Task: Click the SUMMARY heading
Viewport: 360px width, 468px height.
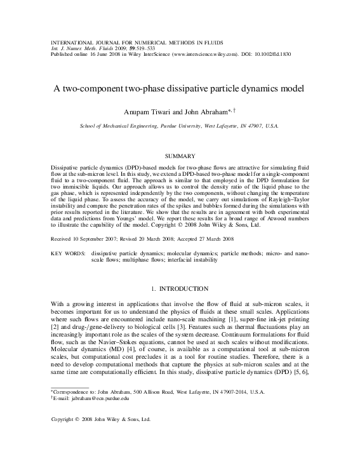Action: point(180,155)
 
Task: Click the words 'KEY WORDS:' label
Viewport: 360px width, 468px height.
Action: point(68,271)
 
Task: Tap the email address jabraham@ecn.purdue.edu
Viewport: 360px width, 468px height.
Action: point(101,399)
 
